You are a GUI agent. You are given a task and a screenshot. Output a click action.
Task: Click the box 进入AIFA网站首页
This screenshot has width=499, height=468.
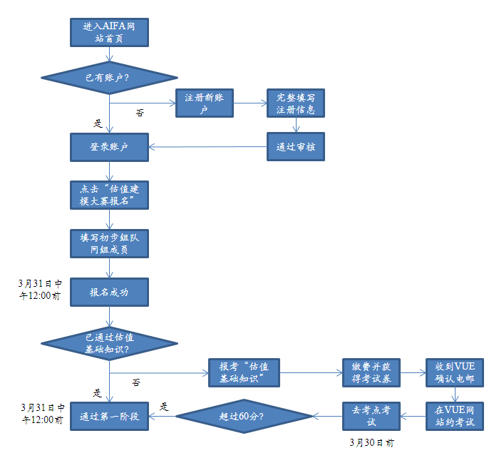click(109, 32)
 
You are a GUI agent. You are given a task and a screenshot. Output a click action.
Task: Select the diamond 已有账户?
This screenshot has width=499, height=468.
click(108, 77)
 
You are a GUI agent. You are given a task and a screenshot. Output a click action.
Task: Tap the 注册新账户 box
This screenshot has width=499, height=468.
click(205, 103)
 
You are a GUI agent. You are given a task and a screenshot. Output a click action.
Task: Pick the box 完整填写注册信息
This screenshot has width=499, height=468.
click(296, 103)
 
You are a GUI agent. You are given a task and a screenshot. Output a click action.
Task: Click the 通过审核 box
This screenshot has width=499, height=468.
click(296, 147)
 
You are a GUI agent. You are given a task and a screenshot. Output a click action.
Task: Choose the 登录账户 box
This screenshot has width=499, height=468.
click(109, 147)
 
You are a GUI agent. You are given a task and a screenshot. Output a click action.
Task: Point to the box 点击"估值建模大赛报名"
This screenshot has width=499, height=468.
click(109, 194)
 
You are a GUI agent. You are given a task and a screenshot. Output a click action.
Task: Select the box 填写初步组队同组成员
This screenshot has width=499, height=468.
click(109, 243)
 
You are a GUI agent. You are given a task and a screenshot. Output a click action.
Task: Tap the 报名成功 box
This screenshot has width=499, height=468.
click(109, 292)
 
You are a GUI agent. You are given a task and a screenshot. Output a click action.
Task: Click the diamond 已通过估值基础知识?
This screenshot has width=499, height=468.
click(108, 344)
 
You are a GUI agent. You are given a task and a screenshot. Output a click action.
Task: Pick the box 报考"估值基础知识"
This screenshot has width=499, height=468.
click(244, 372)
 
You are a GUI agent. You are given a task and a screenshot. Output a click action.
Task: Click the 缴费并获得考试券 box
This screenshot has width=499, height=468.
click(371, 372)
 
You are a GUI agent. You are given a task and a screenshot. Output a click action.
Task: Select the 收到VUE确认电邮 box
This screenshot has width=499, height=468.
click(455, 372)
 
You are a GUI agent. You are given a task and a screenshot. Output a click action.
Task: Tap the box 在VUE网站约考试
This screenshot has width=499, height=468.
click(455, 416)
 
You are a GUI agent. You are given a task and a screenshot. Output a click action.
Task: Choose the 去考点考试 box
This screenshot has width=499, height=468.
click(371, 416)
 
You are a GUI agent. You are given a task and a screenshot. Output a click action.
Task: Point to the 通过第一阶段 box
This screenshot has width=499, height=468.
click(109, 416)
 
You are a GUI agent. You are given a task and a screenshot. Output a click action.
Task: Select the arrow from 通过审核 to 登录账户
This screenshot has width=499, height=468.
click(207, 147)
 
